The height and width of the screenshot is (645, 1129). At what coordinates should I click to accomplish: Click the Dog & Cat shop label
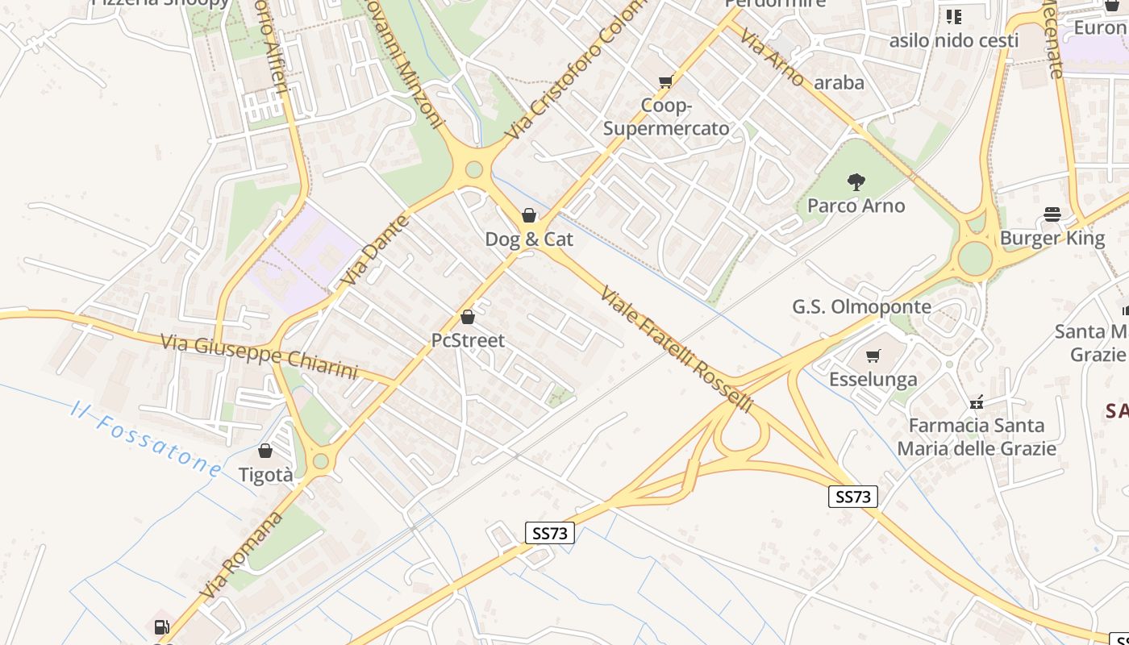(529, 239)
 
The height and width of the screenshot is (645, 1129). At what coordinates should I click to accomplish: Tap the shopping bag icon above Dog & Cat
(529, 215)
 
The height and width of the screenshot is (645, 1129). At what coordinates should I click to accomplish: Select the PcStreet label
(468, 340)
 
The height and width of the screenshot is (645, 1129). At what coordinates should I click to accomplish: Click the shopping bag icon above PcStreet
(468, 317)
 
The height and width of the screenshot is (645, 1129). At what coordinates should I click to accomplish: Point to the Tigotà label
(266, 476)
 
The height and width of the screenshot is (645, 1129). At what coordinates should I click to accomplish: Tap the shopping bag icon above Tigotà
(265, 451)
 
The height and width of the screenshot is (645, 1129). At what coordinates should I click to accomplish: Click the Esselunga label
(873, 379)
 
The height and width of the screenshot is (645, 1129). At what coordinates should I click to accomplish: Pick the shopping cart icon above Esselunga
(873, 356)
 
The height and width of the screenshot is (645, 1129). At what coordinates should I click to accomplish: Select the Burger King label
(1052, 239)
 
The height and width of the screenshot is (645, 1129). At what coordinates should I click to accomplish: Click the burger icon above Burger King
(1052, 214)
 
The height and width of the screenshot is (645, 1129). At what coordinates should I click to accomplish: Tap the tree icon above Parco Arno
(856, 182)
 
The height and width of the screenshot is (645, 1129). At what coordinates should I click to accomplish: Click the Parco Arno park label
(856, 206)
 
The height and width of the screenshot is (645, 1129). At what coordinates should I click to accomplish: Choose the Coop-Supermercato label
(666, 117)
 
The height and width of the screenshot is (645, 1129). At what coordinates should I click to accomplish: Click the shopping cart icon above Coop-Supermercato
(666, 81)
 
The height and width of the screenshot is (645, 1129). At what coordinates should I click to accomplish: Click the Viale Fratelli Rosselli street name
(677, 349)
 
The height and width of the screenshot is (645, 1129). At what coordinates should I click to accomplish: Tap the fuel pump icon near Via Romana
(161, 626)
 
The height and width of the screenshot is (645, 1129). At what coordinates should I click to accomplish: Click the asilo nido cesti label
(954, 40)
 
